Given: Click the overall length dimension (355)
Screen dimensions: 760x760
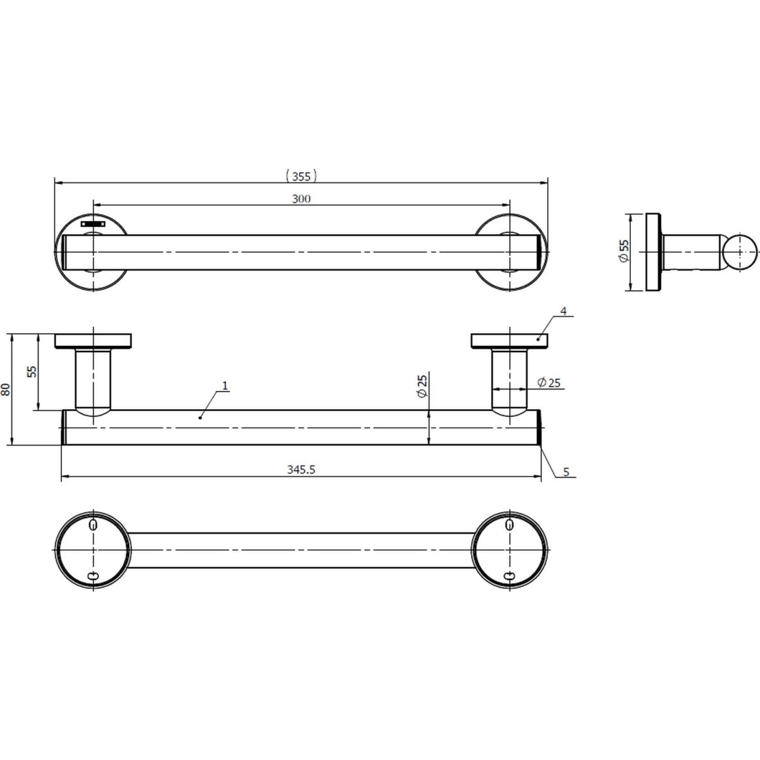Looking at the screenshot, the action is point(301,176).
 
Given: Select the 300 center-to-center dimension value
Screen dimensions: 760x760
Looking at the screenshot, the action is point(301,199).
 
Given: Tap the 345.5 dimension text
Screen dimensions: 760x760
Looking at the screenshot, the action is point(301,470).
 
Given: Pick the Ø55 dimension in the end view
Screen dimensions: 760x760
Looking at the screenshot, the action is point(624,251).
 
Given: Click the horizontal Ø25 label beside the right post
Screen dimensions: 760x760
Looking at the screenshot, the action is point(548,382).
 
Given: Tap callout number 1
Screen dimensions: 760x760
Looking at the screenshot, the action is point(225,385).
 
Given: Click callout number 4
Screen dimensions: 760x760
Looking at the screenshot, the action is point(564,311).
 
